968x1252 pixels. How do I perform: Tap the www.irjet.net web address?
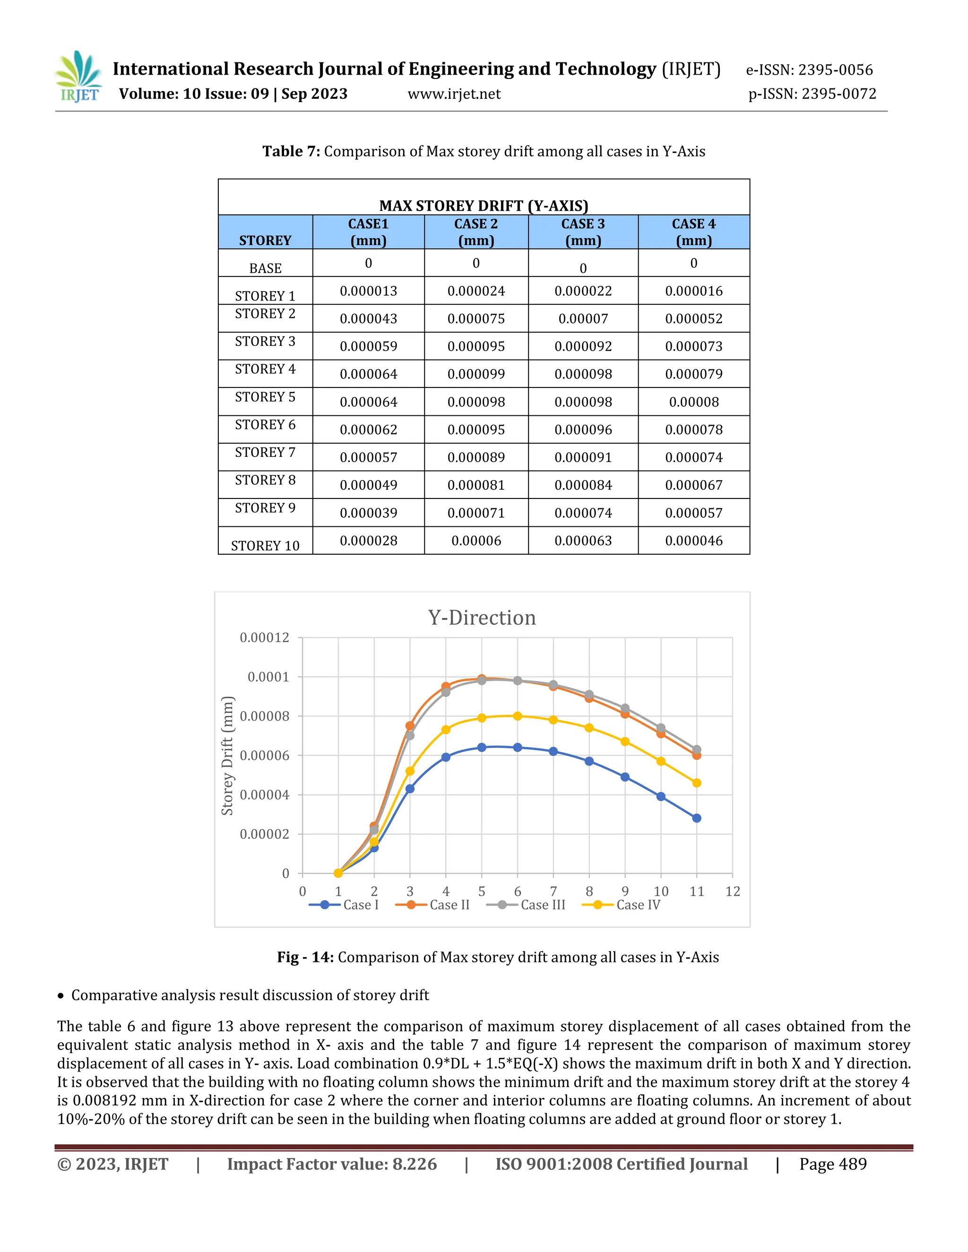point(454,94)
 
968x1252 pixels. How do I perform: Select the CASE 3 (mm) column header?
point(583,232)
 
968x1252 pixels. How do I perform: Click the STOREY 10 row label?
point(265,546)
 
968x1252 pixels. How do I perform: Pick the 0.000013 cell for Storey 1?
point(368,291)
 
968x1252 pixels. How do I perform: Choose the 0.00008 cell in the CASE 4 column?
point(693,402)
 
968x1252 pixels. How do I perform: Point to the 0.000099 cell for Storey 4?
point(476,374)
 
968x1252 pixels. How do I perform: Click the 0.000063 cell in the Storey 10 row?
point(583,540)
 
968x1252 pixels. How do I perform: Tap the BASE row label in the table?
point(265,268)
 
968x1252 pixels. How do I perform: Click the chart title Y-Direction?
point(482,618)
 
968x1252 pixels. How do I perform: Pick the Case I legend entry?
point(344,905)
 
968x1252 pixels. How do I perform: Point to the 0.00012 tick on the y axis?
point(264,638)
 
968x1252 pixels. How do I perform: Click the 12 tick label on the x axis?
point(732,892)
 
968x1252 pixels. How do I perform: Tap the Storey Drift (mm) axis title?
point(228,755)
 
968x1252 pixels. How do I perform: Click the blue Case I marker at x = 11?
point(696,818)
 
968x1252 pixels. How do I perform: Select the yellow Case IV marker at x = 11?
point(696,783)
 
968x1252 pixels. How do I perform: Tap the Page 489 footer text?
point(833,1164)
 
